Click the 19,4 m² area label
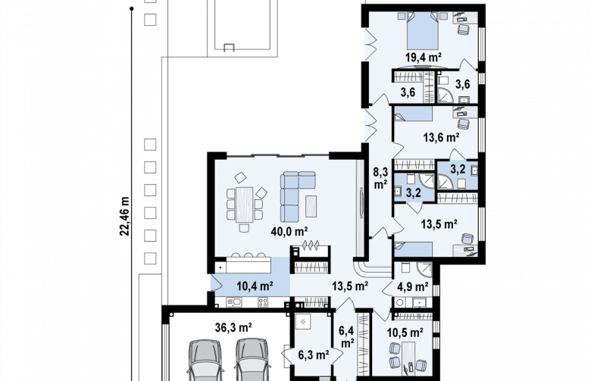click(x=424, y=57)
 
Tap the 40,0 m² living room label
click(x=289, y=231)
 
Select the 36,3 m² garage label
click(x=233, y=327)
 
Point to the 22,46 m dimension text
click(x=125, y=216)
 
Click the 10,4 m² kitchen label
click(x=255, y=286)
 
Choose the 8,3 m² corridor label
click(x=380, y=178)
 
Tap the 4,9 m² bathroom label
click(x=413, y=287)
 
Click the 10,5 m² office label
click(x=405, y=333)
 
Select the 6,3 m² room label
click(x=314, y=354)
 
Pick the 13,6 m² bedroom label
click(x=441, y=137)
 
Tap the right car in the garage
click(x=253, y=361)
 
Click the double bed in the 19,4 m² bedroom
click(x=423, y=30)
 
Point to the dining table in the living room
click(x=244, y=205)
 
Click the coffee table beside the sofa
click(x=311, y=206)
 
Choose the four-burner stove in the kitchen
click(x=263, y=301)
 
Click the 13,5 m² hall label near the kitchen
click(x=350, y=286)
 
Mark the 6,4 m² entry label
click(x=346, y=337)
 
